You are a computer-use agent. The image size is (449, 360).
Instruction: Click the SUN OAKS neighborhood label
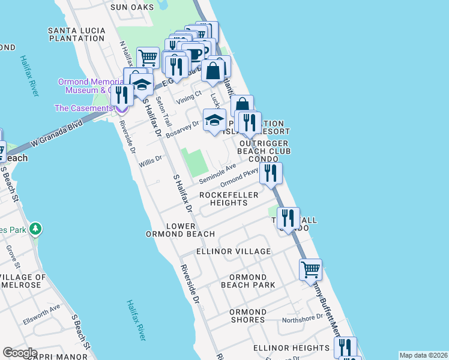(132, 7)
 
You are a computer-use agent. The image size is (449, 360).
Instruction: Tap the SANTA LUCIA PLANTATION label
(76, 34)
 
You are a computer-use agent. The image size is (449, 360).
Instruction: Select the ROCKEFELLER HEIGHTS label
(229, 199)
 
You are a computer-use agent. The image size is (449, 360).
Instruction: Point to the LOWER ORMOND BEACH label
(180, 230)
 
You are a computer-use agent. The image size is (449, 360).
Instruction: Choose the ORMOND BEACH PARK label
(248, 281)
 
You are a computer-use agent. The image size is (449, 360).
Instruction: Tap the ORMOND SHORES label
(247, 316)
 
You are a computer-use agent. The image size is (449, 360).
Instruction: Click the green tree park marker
(36, 229)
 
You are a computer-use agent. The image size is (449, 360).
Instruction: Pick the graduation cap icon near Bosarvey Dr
(214, 120)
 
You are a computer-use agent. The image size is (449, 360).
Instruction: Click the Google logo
(20, 353)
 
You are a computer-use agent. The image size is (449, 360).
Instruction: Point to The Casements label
(83, 108)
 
